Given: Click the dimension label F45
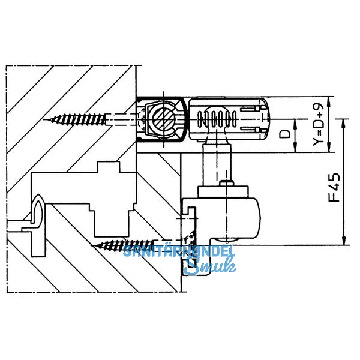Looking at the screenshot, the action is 334,188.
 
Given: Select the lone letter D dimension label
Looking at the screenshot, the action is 285,134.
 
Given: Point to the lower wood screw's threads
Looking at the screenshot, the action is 124,245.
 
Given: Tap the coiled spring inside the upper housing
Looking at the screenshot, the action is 217,119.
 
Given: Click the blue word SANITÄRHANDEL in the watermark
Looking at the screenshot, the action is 179,252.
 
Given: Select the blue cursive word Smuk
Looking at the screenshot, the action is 210,266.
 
